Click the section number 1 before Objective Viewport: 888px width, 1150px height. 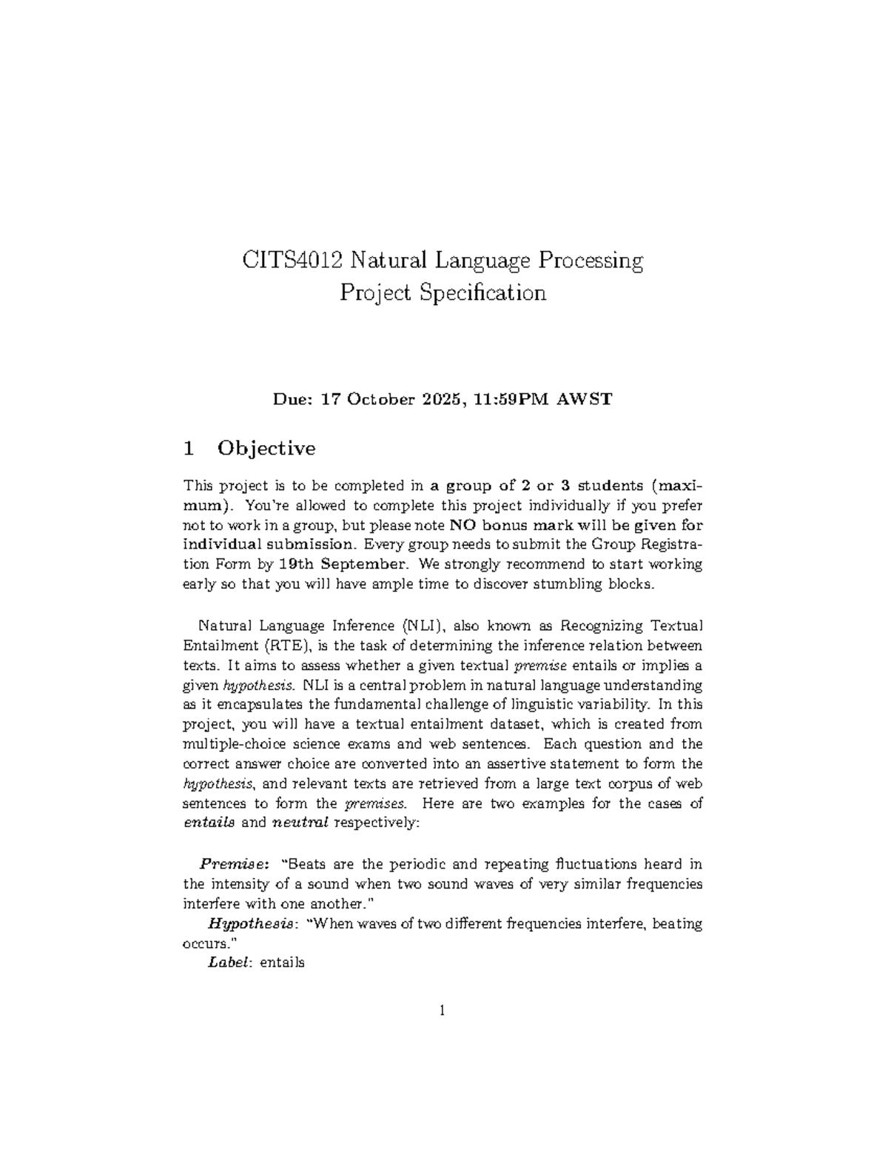[x=189, y=449]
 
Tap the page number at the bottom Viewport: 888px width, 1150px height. [x=443, y=1010]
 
